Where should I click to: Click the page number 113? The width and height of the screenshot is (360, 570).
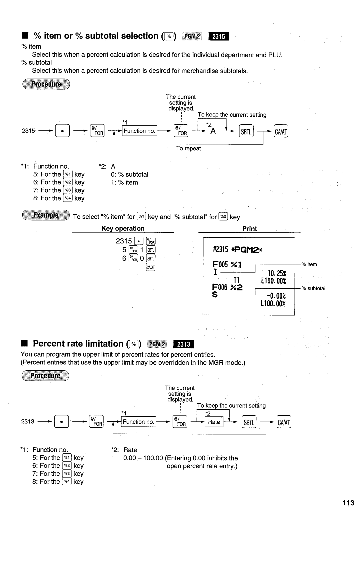tap(348, 503)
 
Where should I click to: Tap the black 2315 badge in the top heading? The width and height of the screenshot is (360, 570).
tap(218, 36)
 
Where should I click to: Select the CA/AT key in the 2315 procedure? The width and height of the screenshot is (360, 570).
tap(281, 131)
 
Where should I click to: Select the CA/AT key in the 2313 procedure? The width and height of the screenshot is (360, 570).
tap(284, 422)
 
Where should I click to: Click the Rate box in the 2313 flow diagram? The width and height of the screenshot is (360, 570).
tap(214, 422)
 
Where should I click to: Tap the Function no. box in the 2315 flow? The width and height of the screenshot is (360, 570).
tap(139, 131)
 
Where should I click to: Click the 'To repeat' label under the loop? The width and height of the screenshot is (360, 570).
tap(188, 149)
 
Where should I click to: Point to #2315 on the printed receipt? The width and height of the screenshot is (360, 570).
tap(220, 250)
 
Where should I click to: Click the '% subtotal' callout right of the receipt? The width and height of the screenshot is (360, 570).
tap(313, 289)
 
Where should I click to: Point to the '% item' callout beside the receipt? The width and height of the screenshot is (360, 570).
tap(309, 265)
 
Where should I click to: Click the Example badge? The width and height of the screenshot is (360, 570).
tap(46, 215)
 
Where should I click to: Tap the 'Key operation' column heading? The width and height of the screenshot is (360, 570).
tap(123, 229)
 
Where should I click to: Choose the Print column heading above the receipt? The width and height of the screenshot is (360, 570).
tap(250, 229)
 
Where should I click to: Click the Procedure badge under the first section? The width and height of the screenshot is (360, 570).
tap(46, 84)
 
